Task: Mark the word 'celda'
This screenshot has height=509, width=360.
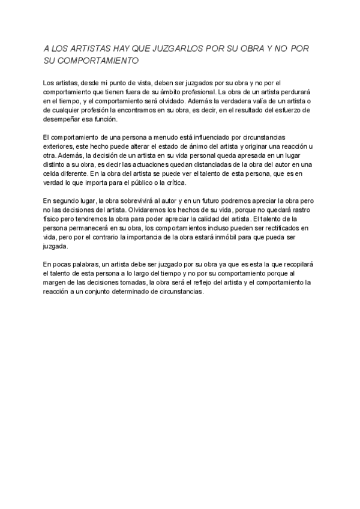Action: (53, 173)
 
